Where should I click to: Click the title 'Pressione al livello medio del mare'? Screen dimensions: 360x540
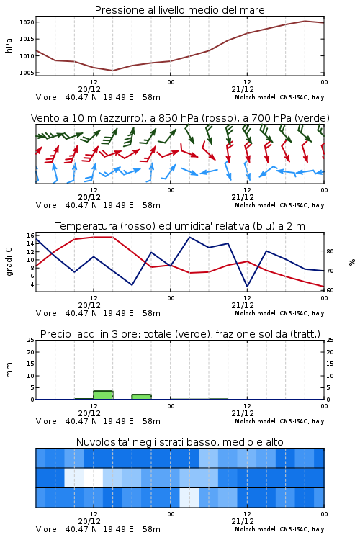[179, 10]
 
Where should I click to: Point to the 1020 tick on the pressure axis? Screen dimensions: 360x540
[27, 22]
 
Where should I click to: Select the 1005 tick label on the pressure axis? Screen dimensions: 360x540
[27, 73]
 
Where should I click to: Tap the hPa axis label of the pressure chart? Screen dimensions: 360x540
[9, 45]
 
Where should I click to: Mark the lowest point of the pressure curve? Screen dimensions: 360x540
[112, 71]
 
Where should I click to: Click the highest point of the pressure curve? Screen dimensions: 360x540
[305, 21]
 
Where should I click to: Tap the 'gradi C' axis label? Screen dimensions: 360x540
[9, 261]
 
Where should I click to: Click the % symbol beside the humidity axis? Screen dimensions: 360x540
[352, 262]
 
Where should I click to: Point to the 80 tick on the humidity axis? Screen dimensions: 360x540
[330, 251]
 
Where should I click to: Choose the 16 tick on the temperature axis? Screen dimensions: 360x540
[30, 235]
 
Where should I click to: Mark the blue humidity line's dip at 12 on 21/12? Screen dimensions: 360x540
[247, 286]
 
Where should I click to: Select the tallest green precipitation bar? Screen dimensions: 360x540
[103, 395]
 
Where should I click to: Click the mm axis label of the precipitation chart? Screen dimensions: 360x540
[9, 370]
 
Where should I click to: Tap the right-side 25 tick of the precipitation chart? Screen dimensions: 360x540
[330, 341]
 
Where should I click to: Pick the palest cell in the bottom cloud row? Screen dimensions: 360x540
[189, 498]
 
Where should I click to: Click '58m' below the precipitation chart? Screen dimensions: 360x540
[151, 421]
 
